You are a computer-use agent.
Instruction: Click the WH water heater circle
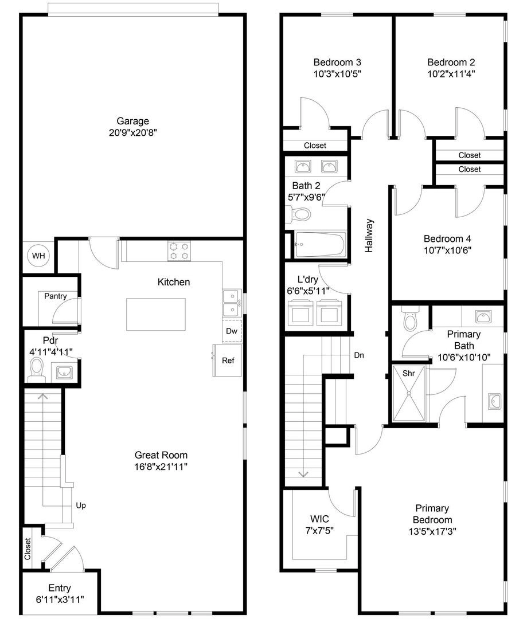click(38, 256)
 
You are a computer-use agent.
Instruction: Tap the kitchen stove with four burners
click(179, 251)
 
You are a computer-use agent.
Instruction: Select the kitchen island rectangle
click(155, 314)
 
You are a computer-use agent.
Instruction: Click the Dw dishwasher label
click(232, 331)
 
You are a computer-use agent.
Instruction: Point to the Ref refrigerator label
click(228, 361)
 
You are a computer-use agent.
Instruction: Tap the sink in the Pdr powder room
click(64, 373)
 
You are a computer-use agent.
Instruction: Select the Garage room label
click(133, 121)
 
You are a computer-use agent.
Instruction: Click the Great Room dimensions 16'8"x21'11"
click(161, 467)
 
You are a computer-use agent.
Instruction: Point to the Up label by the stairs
click(81, 506)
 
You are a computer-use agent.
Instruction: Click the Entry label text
click(59, 588)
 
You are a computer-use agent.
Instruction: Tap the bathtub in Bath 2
click(321, 244)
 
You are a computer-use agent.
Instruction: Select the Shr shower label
click(408, 373)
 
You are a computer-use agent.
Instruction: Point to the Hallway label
click(369, 236)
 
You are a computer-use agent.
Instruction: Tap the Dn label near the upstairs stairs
click(359, 355)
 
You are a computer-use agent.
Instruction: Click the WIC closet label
click(319, 519)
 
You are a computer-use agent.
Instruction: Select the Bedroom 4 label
click(447, 238)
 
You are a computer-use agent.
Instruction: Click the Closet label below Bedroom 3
click(315, 145)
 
